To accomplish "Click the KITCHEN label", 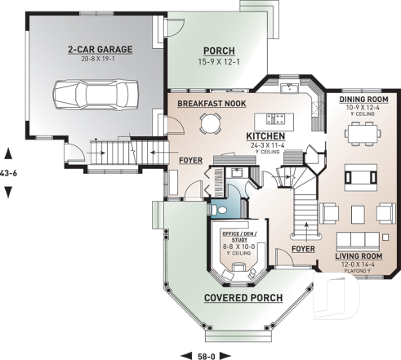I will coord(265,136).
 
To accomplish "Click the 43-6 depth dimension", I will coord(8,172).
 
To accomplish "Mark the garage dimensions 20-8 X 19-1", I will coord(88,59).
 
